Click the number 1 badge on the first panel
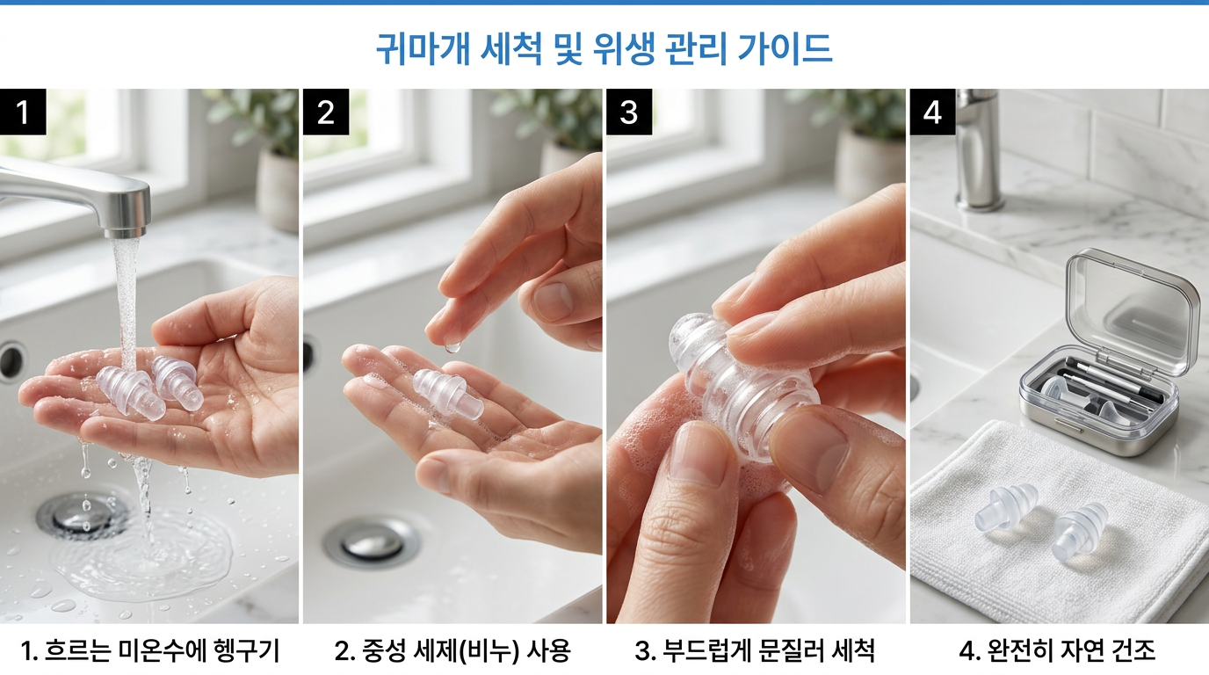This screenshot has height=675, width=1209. click(x=23, y=112)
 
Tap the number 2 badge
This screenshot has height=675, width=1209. click(x=325, y=112)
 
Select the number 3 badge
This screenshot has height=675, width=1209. click(x=628, y=112)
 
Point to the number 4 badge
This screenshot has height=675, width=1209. click(x=932, y=112)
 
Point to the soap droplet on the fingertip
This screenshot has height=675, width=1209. click(x=452, y=346)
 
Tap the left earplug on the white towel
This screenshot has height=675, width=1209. click(x=1005, y=507)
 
